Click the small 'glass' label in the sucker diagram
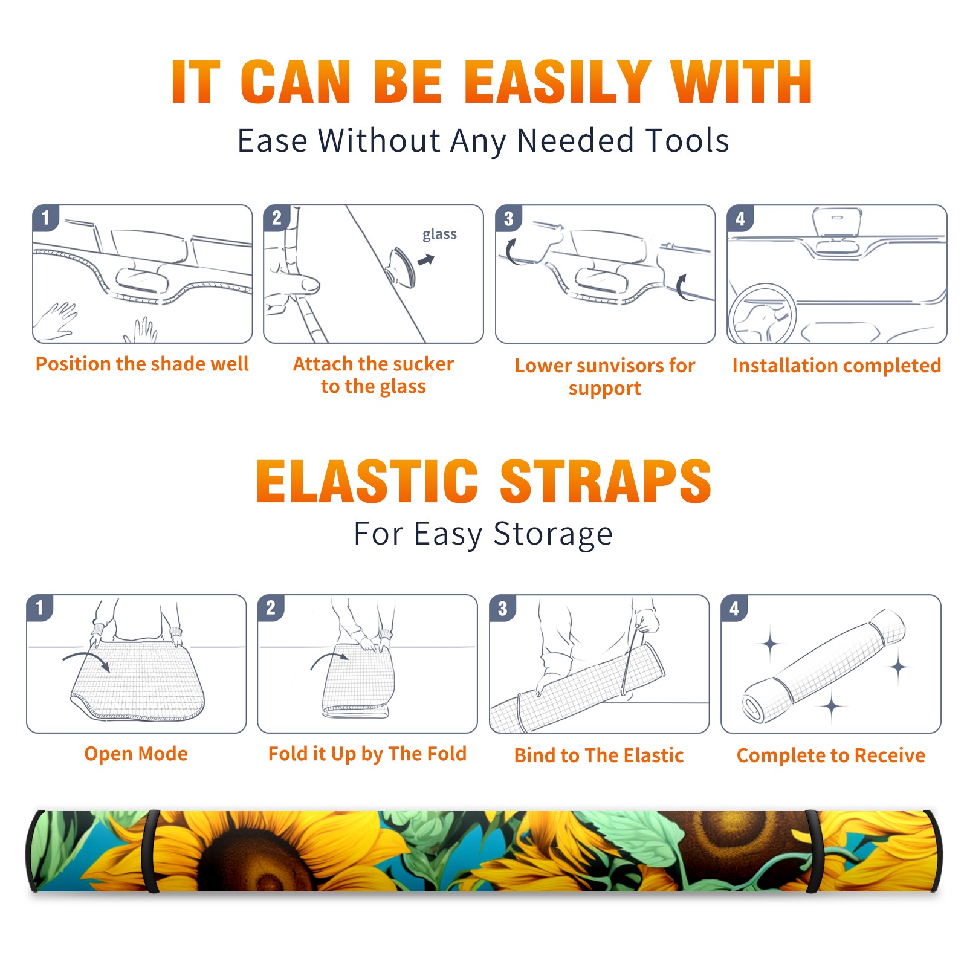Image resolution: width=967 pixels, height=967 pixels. coord(439,234)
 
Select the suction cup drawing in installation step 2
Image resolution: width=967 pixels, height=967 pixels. coord(401,267)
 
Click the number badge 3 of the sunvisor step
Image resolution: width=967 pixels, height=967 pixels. coord(508,218)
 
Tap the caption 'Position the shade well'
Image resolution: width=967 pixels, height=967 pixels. coord(142,364)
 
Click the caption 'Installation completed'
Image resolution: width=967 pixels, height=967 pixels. coord(836,365)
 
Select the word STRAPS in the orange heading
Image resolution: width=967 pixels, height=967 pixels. coord(606,481)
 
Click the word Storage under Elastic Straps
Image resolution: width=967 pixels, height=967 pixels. coord(553,534)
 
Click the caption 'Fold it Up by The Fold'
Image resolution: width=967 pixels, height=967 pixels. coord(367,754)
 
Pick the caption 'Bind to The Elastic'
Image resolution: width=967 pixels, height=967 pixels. coord(599,755)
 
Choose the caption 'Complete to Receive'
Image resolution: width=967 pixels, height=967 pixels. coord(831,755)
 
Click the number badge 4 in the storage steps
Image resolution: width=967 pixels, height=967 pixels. coord(734,608)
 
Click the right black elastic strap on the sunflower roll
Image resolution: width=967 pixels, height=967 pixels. coord(814,851)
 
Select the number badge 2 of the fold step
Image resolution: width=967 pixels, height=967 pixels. coord(271,607)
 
